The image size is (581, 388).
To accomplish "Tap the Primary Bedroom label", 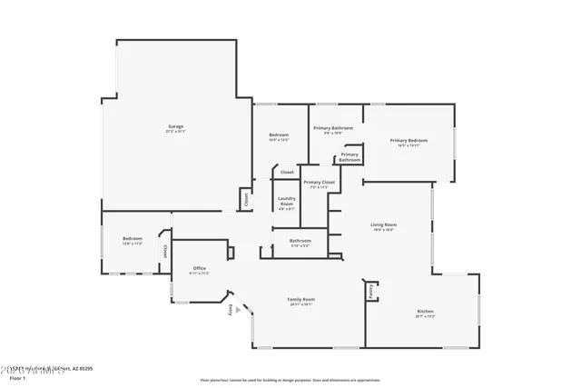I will (409, 141).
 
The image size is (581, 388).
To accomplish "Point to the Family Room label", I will (300, 300).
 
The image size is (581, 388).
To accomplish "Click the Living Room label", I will (382, 225).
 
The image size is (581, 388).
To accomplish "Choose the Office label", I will (199, 269).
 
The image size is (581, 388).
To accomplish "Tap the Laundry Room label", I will (286, 202).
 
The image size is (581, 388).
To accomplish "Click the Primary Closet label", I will (319, 183).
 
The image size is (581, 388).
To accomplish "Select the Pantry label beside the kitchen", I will (370, 292).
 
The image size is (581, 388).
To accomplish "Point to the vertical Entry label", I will (230, 310).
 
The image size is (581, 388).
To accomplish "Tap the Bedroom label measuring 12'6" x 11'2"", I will (133, 239).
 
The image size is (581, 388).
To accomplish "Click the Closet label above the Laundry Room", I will (287, 172).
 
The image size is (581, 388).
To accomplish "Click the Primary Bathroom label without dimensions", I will (350, 156).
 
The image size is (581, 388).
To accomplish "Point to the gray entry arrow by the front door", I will (239, 310).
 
